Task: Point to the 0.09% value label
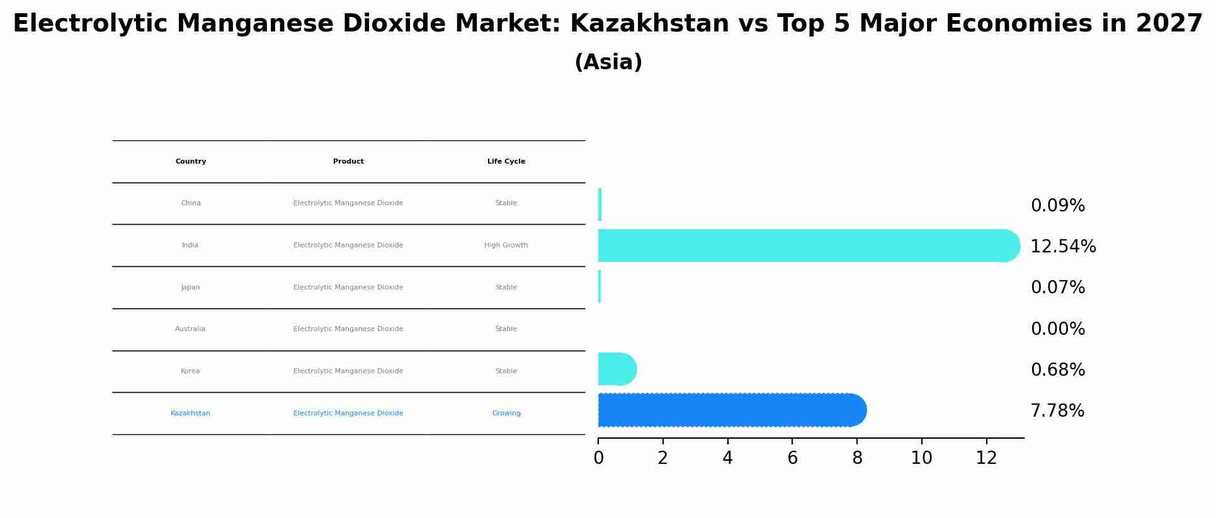[x=1057, y=206]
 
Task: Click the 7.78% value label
[x=1057, y=411]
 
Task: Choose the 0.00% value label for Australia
[x=1057, y=329]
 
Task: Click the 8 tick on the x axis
[x=857, y=458]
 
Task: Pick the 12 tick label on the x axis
[x=986, y=458]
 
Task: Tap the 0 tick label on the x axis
[x=598, y=458]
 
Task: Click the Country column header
[x=191, y=162]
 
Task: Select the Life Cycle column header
[x=506, y=162]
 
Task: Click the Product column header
[x=348, y=162]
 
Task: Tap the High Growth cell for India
[x=506, y=245]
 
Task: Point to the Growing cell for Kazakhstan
[x=506, y=414]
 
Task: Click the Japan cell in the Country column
[x=190, y=288]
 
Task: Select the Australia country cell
[x=190, y=329]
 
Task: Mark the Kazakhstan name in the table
[x=190, y=414]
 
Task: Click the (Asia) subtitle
[x=608, y=62]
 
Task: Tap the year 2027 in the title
[x=1169, y=24]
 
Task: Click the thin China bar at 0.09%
[x=599, y=205]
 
